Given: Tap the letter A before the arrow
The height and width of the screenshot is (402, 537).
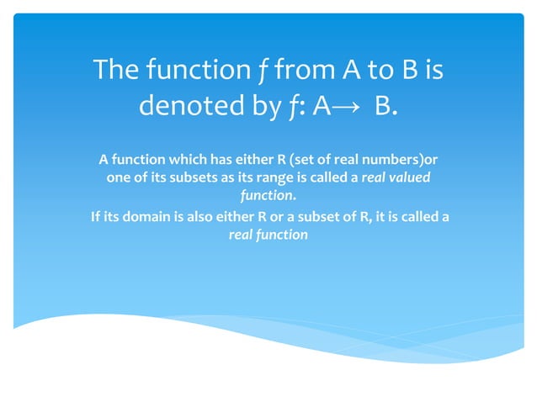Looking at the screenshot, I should (x=323, y=108).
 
